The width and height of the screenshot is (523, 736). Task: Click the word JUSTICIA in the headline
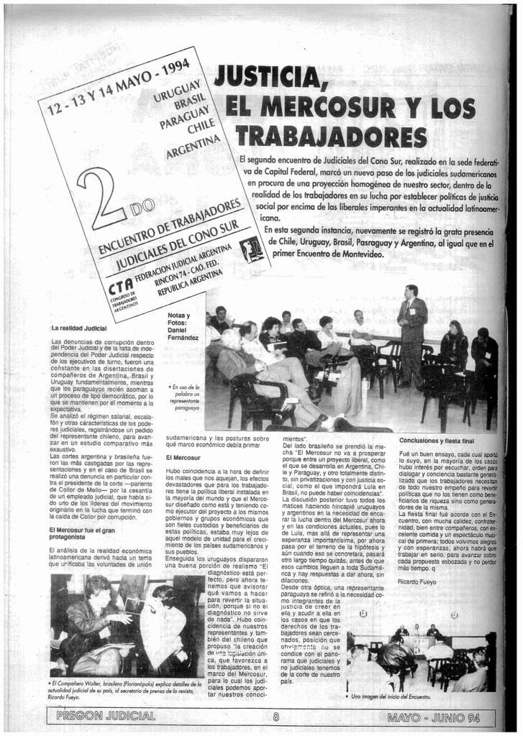click(x=267, y=76)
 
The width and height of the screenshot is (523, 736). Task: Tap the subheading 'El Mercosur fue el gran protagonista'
click(x=82, y=533)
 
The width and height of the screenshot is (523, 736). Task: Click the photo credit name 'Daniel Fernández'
click(x=183, y=333)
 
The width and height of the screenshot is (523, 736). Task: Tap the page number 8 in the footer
click(x=276, y=716)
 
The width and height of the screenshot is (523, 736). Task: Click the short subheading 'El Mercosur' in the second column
click(x=183, y=457)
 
